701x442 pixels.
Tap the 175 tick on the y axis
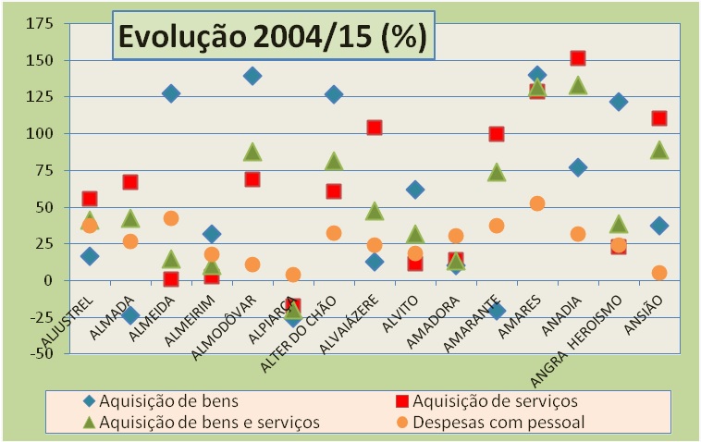39,23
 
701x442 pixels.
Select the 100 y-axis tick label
39,133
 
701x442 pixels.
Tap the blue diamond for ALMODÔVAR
252,76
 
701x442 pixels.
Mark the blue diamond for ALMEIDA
171,93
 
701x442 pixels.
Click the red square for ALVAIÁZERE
375,128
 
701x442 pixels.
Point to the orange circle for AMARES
537,203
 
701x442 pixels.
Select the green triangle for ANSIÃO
659,150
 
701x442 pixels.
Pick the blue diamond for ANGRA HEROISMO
619,102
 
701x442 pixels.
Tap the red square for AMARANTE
497,134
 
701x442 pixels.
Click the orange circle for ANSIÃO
659,273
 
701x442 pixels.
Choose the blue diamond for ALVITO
415,190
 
